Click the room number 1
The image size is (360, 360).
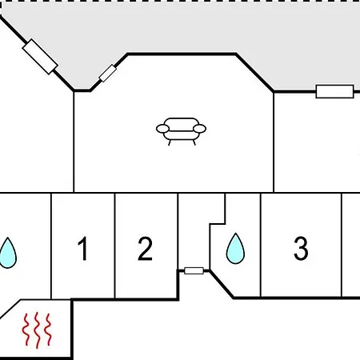[83, 248]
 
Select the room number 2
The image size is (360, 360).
[145, 248]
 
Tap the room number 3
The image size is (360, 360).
[301, 248]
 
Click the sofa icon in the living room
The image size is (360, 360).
[181, 131]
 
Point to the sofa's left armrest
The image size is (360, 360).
[162, 129]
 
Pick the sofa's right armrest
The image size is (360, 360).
[199, 129]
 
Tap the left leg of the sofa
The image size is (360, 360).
[170, 142]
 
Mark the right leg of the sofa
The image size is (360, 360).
[194, 142]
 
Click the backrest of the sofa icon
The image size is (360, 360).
[181, 122]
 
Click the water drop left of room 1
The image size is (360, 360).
[8, 254]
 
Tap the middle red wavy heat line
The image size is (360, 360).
[37, 330]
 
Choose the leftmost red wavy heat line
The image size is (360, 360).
[26, 330]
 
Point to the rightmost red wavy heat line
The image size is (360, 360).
[48, 330]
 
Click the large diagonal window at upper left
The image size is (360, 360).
[40, 57]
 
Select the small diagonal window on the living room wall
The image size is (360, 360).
[108, 73]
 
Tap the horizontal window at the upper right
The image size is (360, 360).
[334, 91]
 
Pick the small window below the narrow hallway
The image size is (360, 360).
[194, 271]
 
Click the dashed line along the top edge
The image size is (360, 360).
[180, 2]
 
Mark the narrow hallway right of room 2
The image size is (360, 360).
[194, 230]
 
